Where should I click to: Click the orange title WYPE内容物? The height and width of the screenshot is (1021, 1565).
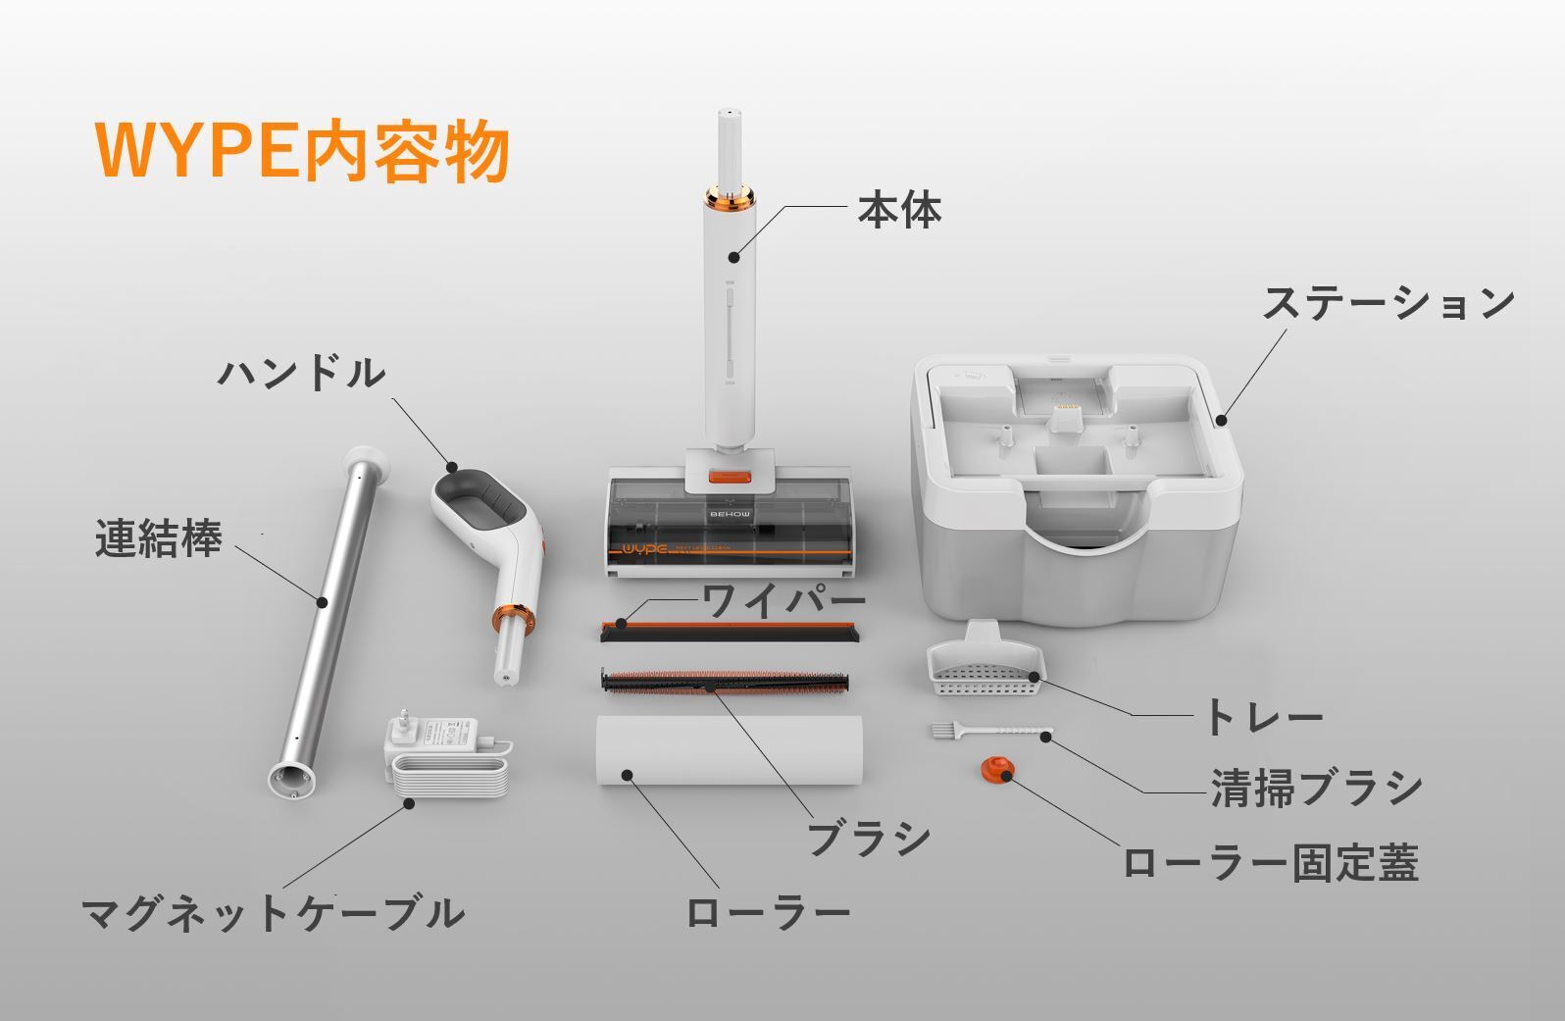pos(302,152)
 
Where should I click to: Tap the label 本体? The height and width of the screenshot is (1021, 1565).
pos(899,210)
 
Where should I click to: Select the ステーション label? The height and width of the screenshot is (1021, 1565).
pos(1388,303)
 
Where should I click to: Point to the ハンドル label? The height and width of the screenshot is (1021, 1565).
pos(302,373)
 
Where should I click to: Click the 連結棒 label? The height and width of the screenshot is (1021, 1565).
pos(159,538)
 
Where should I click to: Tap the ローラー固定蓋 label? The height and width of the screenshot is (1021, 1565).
pos(1270,863)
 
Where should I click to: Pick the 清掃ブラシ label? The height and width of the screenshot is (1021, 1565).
pos(1316,788)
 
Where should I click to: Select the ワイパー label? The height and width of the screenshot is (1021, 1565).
pos(783,601)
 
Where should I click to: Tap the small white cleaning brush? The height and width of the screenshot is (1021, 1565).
pos(990,732)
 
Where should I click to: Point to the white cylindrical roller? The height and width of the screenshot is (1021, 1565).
pos(730,750)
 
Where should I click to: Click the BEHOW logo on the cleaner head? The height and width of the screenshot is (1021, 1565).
pos(731,514)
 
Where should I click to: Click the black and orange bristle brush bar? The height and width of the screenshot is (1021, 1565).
pos(726,682)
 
